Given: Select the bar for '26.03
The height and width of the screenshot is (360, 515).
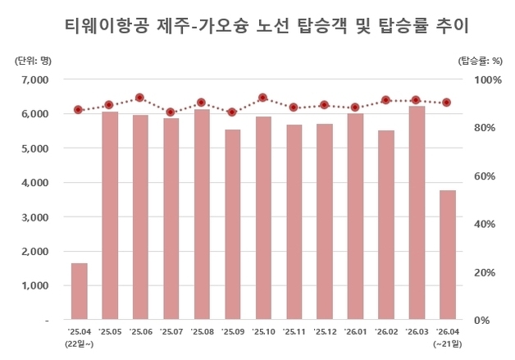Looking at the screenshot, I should click(417, 213).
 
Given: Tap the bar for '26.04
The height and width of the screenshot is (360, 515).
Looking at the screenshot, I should click(447, 255).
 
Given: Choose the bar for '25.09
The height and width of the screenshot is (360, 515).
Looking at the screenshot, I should click(232, 225).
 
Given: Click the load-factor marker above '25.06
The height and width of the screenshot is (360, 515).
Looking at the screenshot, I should click(140, 98).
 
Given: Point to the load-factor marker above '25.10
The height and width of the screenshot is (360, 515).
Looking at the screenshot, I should click(262, 98).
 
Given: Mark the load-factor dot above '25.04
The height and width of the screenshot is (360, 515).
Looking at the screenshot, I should click(79, 110).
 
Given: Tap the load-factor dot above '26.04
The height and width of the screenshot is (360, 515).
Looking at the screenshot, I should click(447, 103).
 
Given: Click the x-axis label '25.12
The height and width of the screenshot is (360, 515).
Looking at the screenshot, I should click(324, 331).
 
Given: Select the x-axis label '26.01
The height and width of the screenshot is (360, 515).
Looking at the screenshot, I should click(355, 331).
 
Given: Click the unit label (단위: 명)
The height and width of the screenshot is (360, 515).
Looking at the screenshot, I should click(32, 61).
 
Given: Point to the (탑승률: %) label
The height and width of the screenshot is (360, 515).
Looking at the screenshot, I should click(479, 61).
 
